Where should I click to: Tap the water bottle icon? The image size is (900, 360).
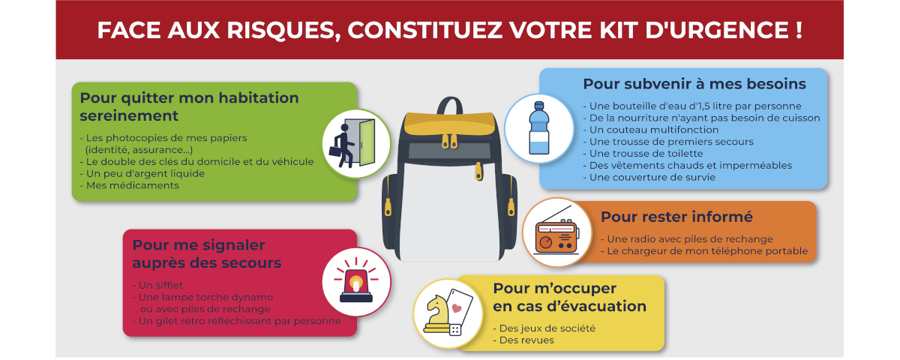click(x=538, y=128)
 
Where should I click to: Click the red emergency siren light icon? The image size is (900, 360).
click(x=356, y=280)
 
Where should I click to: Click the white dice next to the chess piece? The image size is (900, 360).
click(x=455, y=330)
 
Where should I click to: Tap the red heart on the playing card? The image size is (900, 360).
click(x=457, y=308)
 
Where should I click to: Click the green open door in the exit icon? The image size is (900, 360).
click(x=367, y=142)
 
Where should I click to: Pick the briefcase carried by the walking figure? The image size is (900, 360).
click(x=335, y=151)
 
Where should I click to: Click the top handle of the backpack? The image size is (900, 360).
click(x=450, y=105)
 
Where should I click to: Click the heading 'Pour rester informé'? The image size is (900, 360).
click(x=676, y=217)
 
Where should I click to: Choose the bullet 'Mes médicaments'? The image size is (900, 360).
click(x=129, y=185)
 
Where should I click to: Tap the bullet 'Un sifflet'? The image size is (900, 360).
click(x=157, y=285)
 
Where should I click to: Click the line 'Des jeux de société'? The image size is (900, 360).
click(x=544, y=328)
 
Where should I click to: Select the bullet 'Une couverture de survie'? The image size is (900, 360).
click(x=649, y=177)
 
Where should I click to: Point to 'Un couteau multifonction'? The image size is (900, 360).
click(x=651, y=130)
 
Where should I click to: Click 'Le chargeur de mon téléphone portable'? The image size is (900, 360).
click(x=704, y=251)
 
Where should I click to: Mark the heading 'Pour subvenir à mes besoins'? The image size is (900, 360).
click(x=694, y=84)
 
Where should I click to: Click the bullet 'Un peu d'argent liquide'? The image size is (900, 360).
click(x=142, y=173)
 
